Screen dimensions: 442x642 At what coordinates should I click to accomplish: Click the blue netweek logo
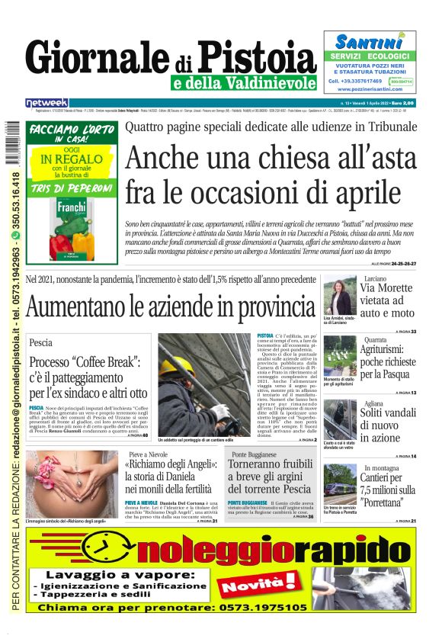pos(46,103)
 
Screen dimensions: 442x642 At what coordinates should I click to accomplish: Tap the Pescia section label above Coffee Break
pos(41,343)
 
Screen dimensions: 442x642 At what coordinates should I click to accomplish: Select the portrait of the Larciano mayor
pos(338,296)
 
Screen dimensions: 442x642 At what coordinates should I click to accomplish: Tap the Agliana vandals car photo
pos(338,419)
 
